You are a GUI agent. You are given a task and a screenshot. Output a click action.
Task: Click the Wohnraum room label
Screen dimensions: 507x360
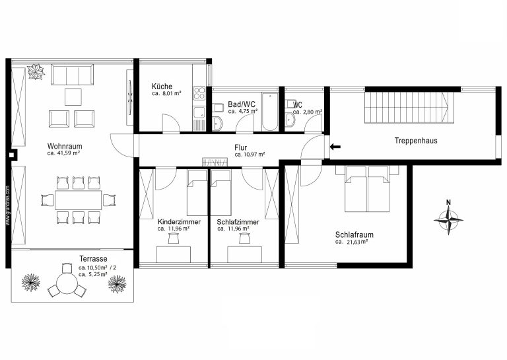[65, 146]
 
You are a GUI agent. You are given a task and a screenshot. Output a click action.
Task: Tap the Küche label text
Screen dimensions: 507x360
[162, 87]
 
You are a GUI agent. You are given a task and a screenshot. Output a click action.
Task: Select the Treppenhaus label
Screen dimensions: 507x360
[416, 141]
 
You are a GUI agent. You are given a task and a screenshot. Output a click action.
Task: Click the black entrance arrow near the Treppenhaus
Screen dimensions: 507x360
[335, 147]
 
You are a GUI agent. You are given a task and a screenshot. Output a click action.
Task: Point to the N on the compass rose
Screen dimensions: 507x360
[448, 203]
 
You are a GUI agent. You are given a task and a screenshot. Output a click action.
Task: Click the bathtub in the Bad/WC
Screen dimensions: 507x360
[270, 112]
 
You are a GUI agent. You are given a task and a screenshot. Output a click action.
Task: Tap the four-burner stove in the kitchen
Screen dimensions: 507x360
[199, 93]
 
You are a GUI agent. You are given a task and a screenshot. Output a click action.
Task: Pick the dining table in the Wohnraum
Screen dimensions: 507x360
[79, 200]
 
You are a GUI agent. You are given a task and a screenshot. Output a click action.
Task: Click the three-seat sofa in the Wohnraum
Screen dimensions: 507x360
[73, 75]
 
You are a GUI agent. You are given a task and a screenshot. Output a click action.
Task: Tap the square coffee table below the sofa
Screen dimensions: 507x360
[73, 97]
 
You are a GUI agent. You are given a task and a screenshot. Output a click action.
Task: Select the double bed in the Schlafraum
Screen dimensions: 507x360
[367, 189]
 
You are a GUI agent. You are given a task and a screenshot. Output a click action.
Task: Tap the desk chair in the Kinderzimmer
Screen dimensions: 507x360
[174, 238]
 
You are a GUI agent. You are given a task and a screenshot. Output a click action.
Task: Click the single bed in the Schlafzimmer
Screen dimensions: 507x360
[222, 193]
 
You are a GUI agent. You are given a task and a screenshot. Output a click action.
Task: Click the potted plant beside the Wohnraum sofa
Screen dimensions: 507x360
[36, 72]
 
